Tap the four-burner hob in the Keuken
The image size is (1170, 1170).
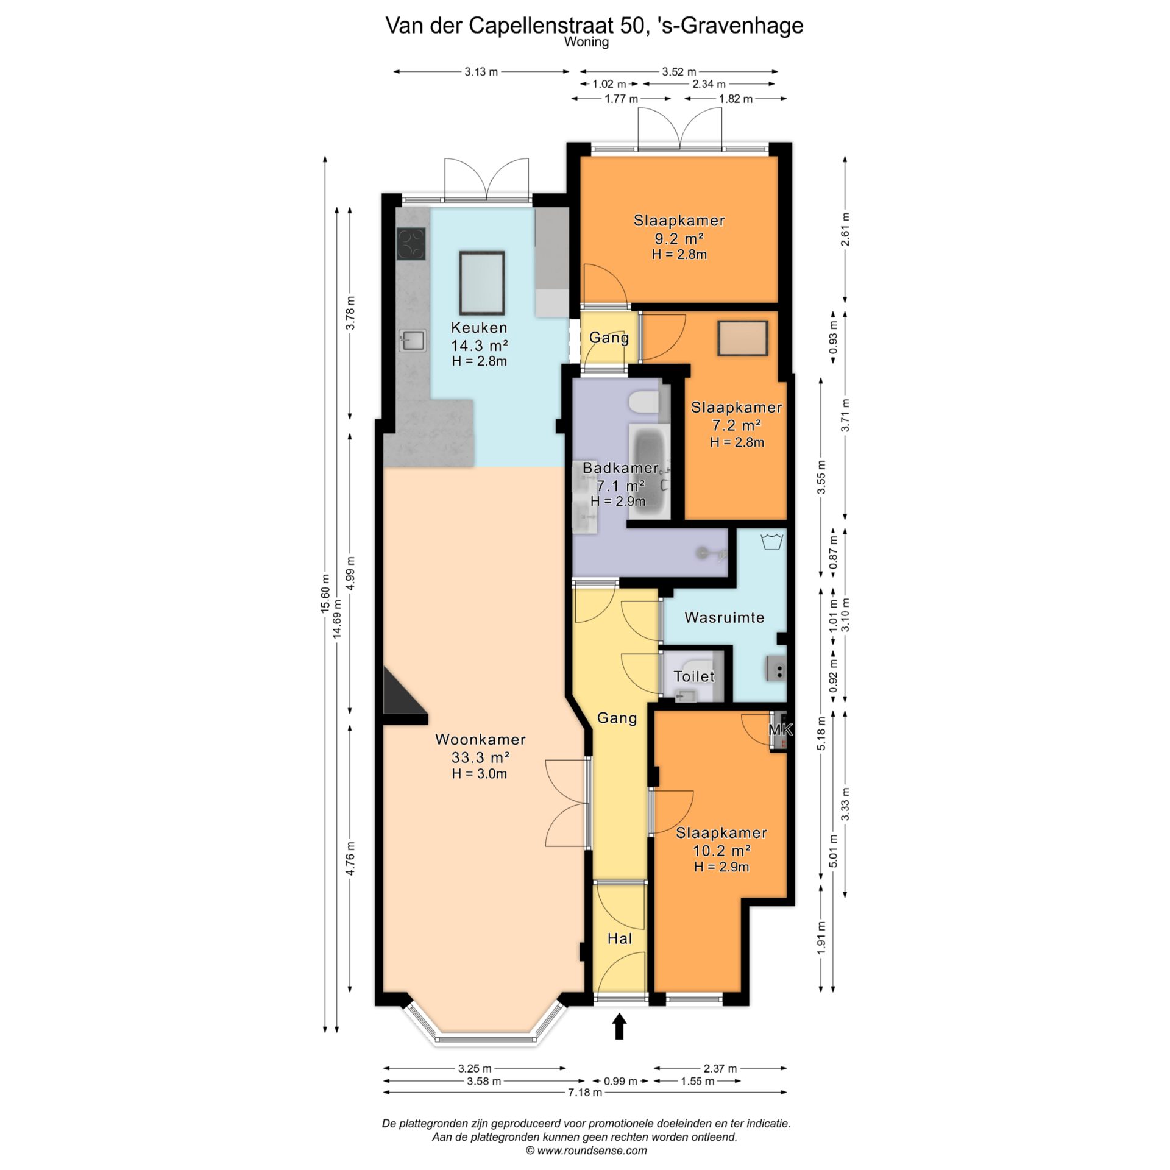tap(411, 243)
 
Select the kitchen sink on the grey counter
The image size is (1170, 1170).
tap(413, 341)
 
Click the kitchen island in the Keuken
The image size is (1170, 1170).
tap(481, 283)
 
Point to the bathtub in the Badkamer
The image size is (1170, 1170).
tap(650, 472)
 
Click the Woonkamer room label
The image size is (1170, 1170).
tap(480, 739)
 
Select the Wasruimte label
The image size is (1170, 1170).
tap(724, 617)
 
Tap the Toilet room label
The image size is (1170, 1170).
tap(694, 676)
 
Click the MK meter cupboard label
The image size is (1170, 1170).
tap(781, 729)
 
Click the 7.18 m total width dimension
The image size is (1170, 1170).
tap(585, 1093)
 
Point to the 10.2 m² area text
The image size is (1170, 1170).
tap(721, 850)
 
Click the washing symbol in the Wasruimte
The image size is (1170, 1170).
tap(771, 541)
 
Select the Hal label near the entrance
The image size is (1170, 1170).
tap(620, 938)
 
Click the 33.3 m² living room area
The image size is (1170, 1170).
tap(480, 757)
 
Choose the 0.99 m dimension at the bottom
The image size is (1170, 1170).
tap(620, 1081)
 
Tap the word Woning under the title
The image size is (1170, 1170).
tap(586, 42)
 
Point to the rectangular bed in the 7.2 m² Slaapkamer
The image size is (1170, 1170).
tap(743, 338)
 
